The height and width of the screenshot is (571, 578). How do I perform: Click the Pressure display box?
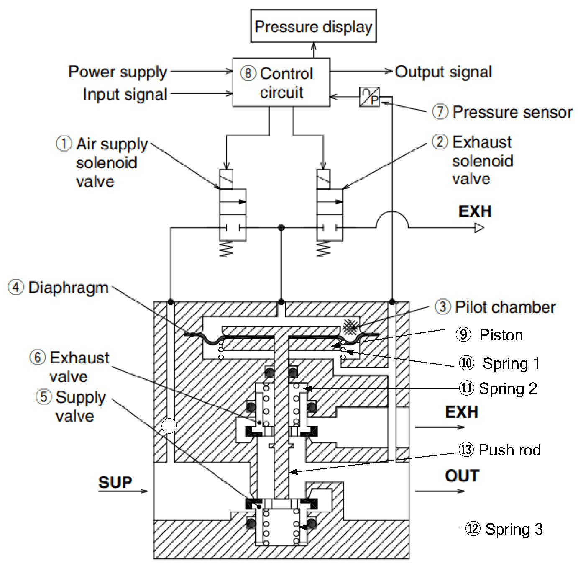313,26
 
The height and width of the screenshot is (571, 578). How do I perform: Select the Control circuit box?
281,82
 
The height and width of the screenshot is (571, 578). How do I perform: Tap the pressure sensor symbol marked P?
369,97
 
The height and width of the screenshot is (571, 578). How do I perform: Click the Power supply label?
118,72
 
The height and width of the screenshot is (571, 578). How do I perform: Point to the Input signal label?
125,94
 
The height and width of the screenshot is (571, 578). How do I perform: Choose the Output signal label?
443,72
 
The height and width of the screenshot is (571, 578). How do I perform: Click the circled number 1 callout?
64,144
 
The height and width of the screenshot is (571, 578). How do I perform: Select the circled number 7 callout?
440,112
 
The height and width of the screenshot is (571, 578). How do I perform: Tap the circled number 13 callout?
466,450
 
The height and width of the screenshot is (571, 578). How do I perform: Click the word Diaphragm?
69,288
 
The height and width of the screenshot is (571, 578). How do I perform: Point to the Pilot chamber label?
505,307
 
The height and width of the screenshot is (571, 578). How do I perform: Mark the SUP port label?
115,482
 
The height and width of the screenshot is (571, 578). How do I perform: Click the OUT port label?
462,476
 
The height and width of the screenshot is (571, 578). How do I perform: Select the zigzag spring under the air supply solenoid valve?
227,249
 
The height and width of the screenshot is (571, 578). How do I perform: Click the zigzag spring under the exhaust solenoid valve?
323,249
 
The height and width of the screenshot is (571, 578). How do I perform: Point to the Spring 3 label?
514,529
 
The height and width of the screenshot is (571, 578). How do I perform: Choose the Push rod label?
509,450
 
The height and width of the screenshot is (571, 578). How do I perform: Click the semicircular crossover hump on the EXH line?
392,219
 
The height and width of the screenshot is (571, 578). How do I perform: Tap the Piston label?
501,335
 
